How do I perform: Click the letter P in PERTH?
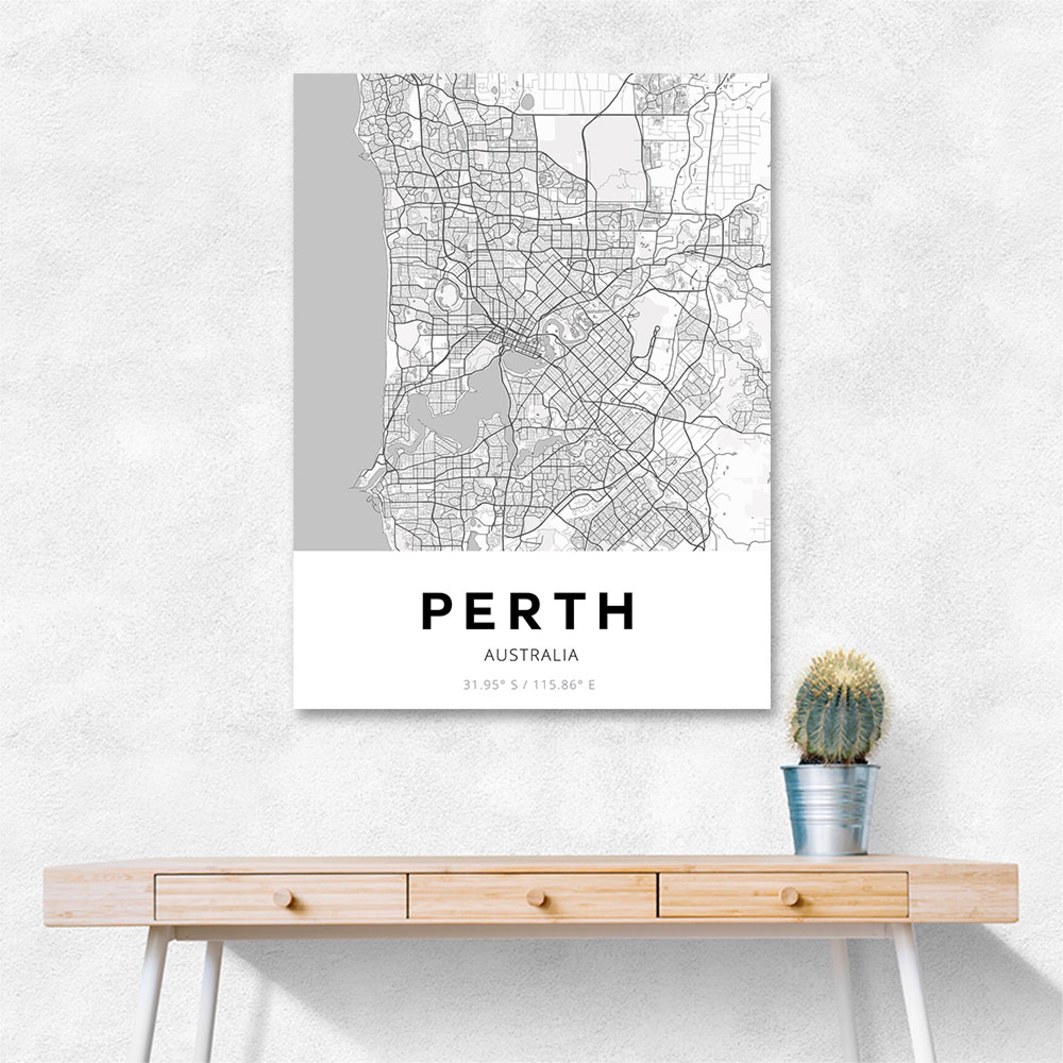coord(436,611)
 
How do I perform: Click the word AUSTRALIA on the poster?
coord(531,655)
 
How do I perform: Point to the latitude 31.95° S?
coord(490,686)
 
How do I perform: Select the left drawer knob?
coord(283,900)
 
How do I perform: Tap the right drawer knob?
coord(788,896)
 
